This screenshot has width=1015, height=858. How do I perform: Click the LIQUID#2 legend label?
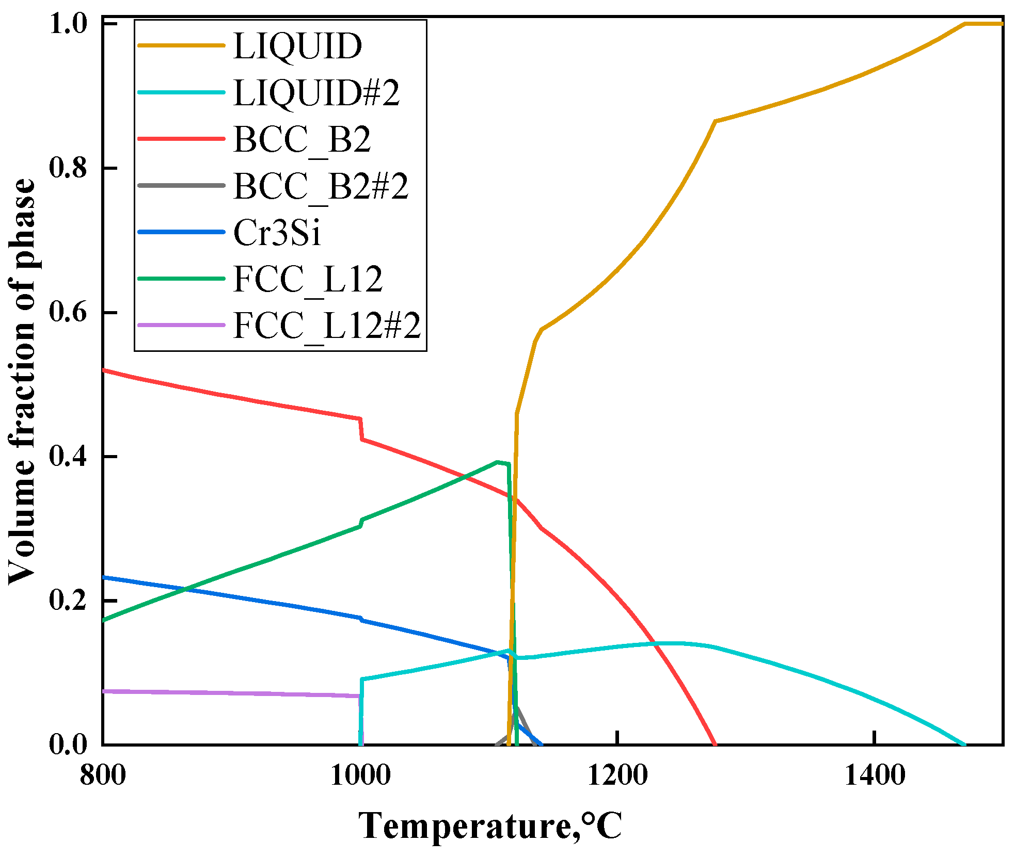click(316, 93)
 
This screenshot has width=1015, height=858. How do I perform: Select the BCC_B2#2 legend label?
click(321, 186)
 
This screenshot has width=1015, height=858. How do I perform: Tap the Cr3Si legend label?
click(277, 232)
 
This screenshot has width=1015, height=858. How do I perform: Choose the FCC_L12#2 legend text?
click(327, 326)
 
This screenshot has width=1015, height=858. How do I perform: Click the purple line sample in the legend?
click(181, 325)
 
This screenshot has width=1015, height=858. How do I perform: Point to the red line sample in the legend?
click(181, 139)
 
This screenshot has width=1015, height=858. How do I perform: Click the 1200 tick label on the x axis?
click(617, 775)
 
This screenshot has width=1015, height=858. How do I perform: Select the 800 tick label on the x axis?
click(103, 775)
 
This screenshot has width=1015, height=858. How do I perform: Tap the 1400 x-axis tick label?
click(874, 775)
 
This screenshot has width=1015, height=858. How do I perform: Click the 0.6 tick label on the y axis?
click(68, 312)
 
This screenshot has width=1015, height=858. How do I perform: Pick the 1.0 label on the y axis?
click(68, 24)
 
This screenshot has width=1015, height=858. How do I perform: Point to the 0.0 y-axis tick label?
click(68, 744)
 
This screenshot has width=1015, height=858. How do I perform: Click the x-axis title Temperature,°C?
click(490, 825)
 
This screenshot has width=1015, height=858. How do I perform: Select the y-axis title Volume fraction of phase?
click(22, 382)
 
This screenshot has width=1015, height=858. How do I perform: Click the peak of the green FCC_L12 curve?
click(497, 462)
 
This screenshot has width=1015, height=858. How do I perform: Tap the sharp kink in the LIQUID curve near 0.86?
click(715, 121)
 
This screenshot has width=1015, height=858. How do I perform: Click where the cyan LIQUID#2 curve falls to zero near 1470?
click(964, 744)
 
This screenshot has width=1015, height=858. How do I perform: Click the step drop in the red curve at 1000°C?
click(361, 429)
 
